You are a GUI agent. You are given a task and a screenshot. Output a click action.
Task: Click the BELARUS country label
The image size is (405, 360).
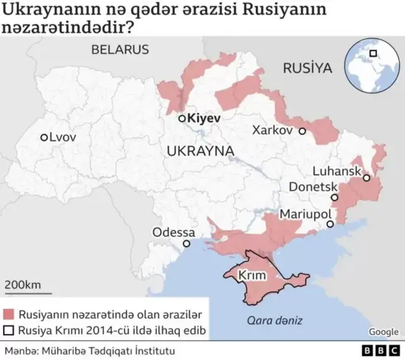click(x=119, y=49)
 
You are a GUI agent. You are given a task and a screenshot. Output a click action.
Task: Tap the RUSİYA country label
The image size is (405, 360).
click(x=308, y=68)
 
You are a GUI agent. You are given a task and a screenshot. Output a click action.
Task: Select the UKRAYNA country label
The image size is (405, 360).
click(x=201, y=151)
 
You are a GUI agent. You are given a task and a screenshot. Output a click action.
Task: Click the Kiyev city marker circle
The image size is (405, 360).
click(x=182, y=118)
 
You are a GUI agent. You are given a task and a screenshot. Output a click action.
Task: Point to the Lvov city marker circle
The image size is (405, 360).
click(x=44, y=137)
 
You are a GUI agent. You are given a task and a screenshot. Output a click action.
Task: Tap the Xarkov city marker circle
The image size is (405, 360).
click(x=302, y=131)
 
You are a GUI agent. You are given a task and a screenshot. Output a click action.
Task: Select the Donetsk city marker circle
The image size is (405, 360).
click(x=335, y=197)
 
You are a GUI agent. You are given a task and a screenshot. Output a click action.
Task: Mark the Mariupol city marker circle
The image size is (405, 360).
click(x=330, y=224)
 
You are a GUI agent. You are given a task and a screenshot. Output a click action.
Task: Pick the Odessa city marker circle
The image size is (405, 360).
click(x=186, y=244)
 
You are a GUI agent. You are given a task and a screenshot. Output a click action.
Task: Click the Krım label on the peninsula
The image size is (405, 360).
click(x=252, y=276)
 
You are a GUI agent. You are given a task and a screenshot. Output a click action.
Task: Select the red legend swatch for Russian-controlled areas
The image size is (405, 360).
click(x=9, y=314)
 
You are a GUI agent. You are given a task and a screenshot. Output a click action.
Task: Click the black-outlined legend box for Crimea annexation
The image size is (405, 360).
click(x=9, y=330)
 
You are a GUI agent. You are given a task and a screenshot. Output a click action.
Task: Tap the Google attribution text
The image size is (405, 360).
click(x=383, y=332)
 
